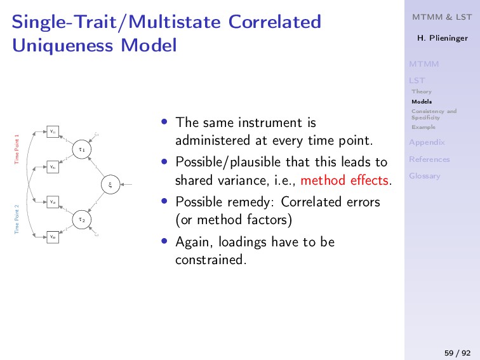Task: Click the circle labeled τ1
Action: tap(81, 150)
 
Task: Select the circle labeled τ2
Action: tap(81, 220)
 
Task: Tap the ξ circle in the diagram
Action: tap(110, 185)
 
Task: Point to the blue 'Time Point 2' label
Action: tap(17, 219)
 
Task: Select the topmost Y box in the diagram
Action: tap(53, 132)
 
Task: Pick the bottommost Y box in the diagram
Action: tap(53, 237)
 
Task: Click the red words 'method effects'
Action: tap(345, 181)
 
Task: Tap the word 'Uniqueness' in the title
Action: tap(50, 46)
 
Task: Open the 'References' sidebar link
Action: tap(429, 159)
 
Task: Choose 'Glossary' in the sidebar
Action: tap(425, 176)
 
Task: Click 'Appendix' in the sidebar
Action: tap(427, 142)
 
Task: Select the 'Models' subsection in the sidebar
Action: tap(421, 102)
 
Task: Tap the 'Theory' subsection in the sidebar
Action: tap(421, 91)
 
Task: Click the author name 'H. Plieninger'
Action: tap(441, 38)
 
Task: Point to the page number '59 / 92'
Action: tap(457, 352)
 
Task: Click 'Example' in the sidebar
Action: tap(423, 127)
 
